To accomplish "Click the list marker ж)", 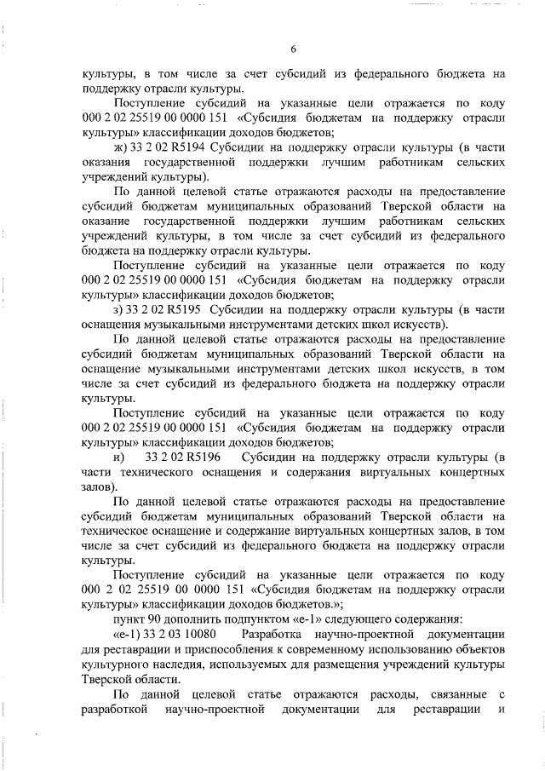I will point(118,147).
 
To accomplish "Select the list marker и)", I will point(119,457).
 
